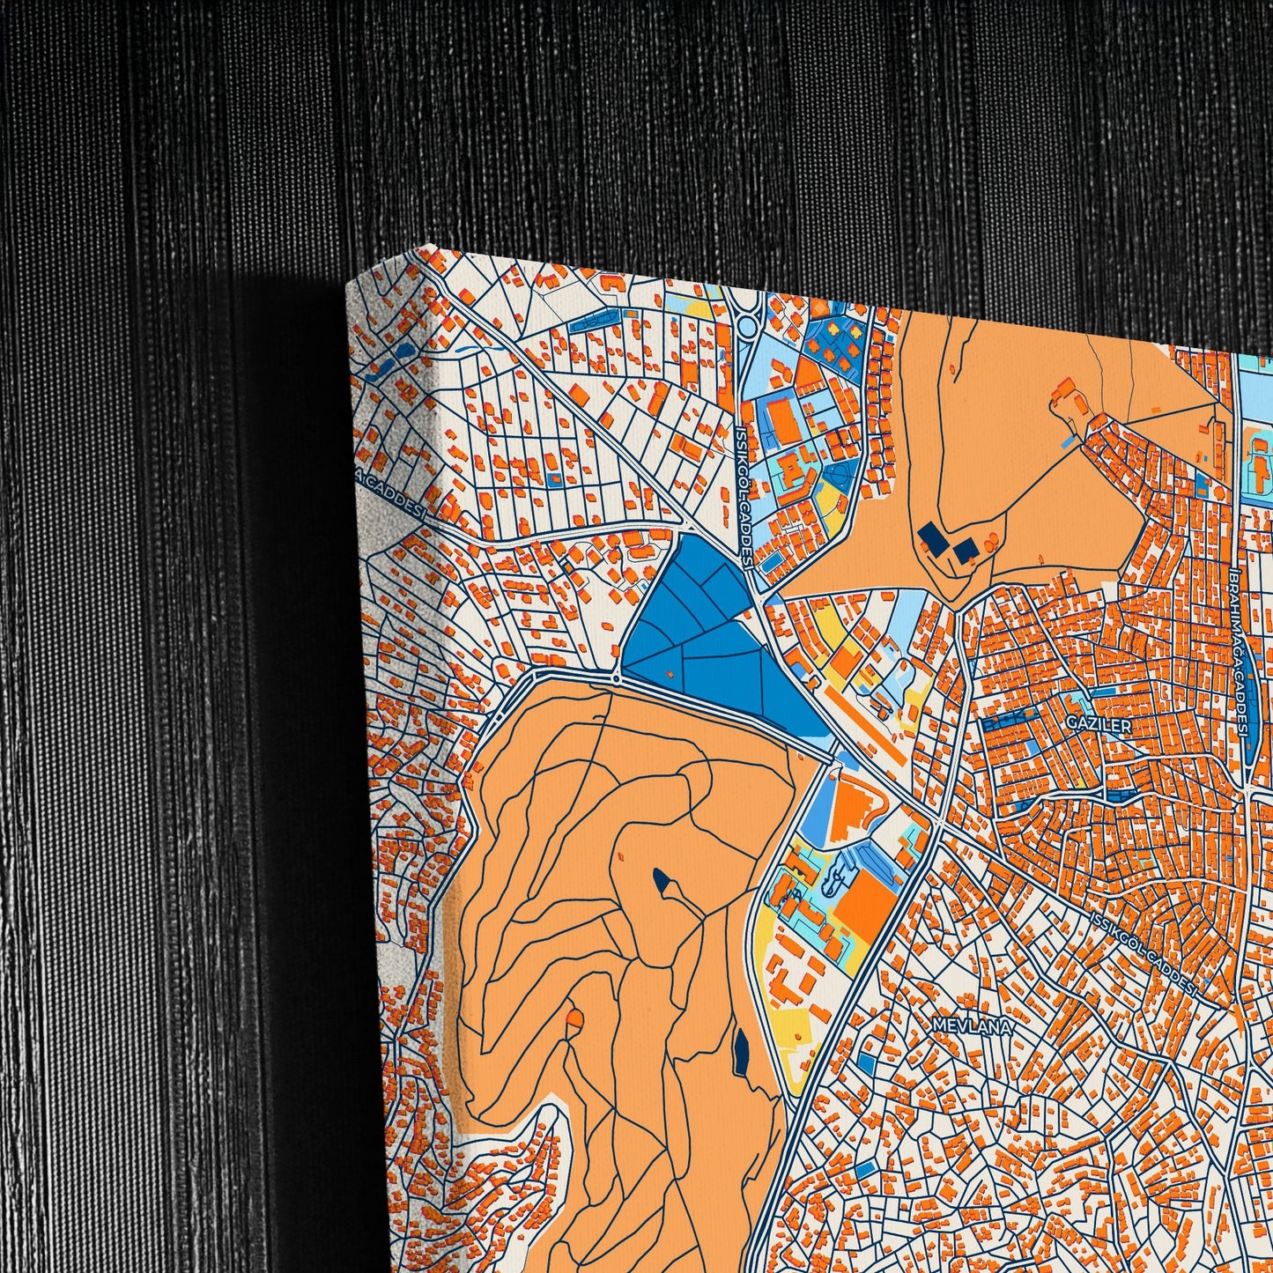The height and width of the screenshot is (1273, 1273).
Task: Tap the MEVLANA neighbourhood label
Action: pyautogui.click(x=969, y=1026)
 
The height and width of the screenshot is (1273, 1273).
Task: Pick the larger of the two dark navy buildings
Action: pyautogui.click(x=931, y=535)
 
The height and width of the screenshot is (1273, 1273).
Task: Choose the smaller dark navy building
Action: pyautogui.click(x=966, y=551)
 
